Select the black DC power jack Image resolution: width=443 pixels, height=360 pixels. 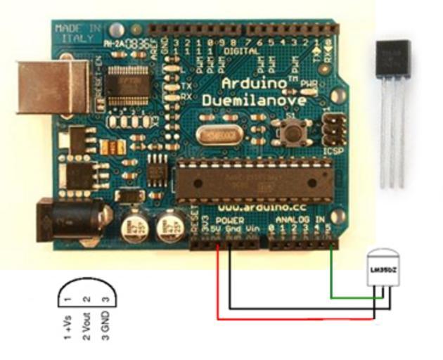click(x=70, y=217)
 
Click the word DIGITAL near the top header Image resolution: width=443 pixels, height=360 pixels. click(x=240, y=51)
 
